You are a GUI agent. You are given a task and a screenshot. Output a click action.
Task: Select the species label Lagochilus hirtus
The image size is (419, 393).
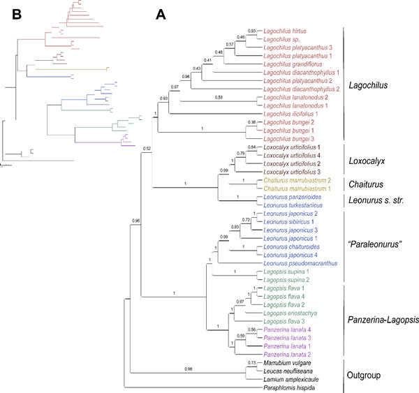pyautogui.click(x=286, y=31)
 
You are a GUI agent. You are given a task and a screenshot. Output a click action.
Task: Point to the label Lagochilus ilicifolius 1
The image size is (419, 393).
pyautogui.click(x=289, y=114)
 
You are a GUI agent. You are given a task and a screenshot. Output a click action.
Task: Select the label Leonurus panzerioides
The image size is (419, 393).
pyautogui.click(x=289, y=197)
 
